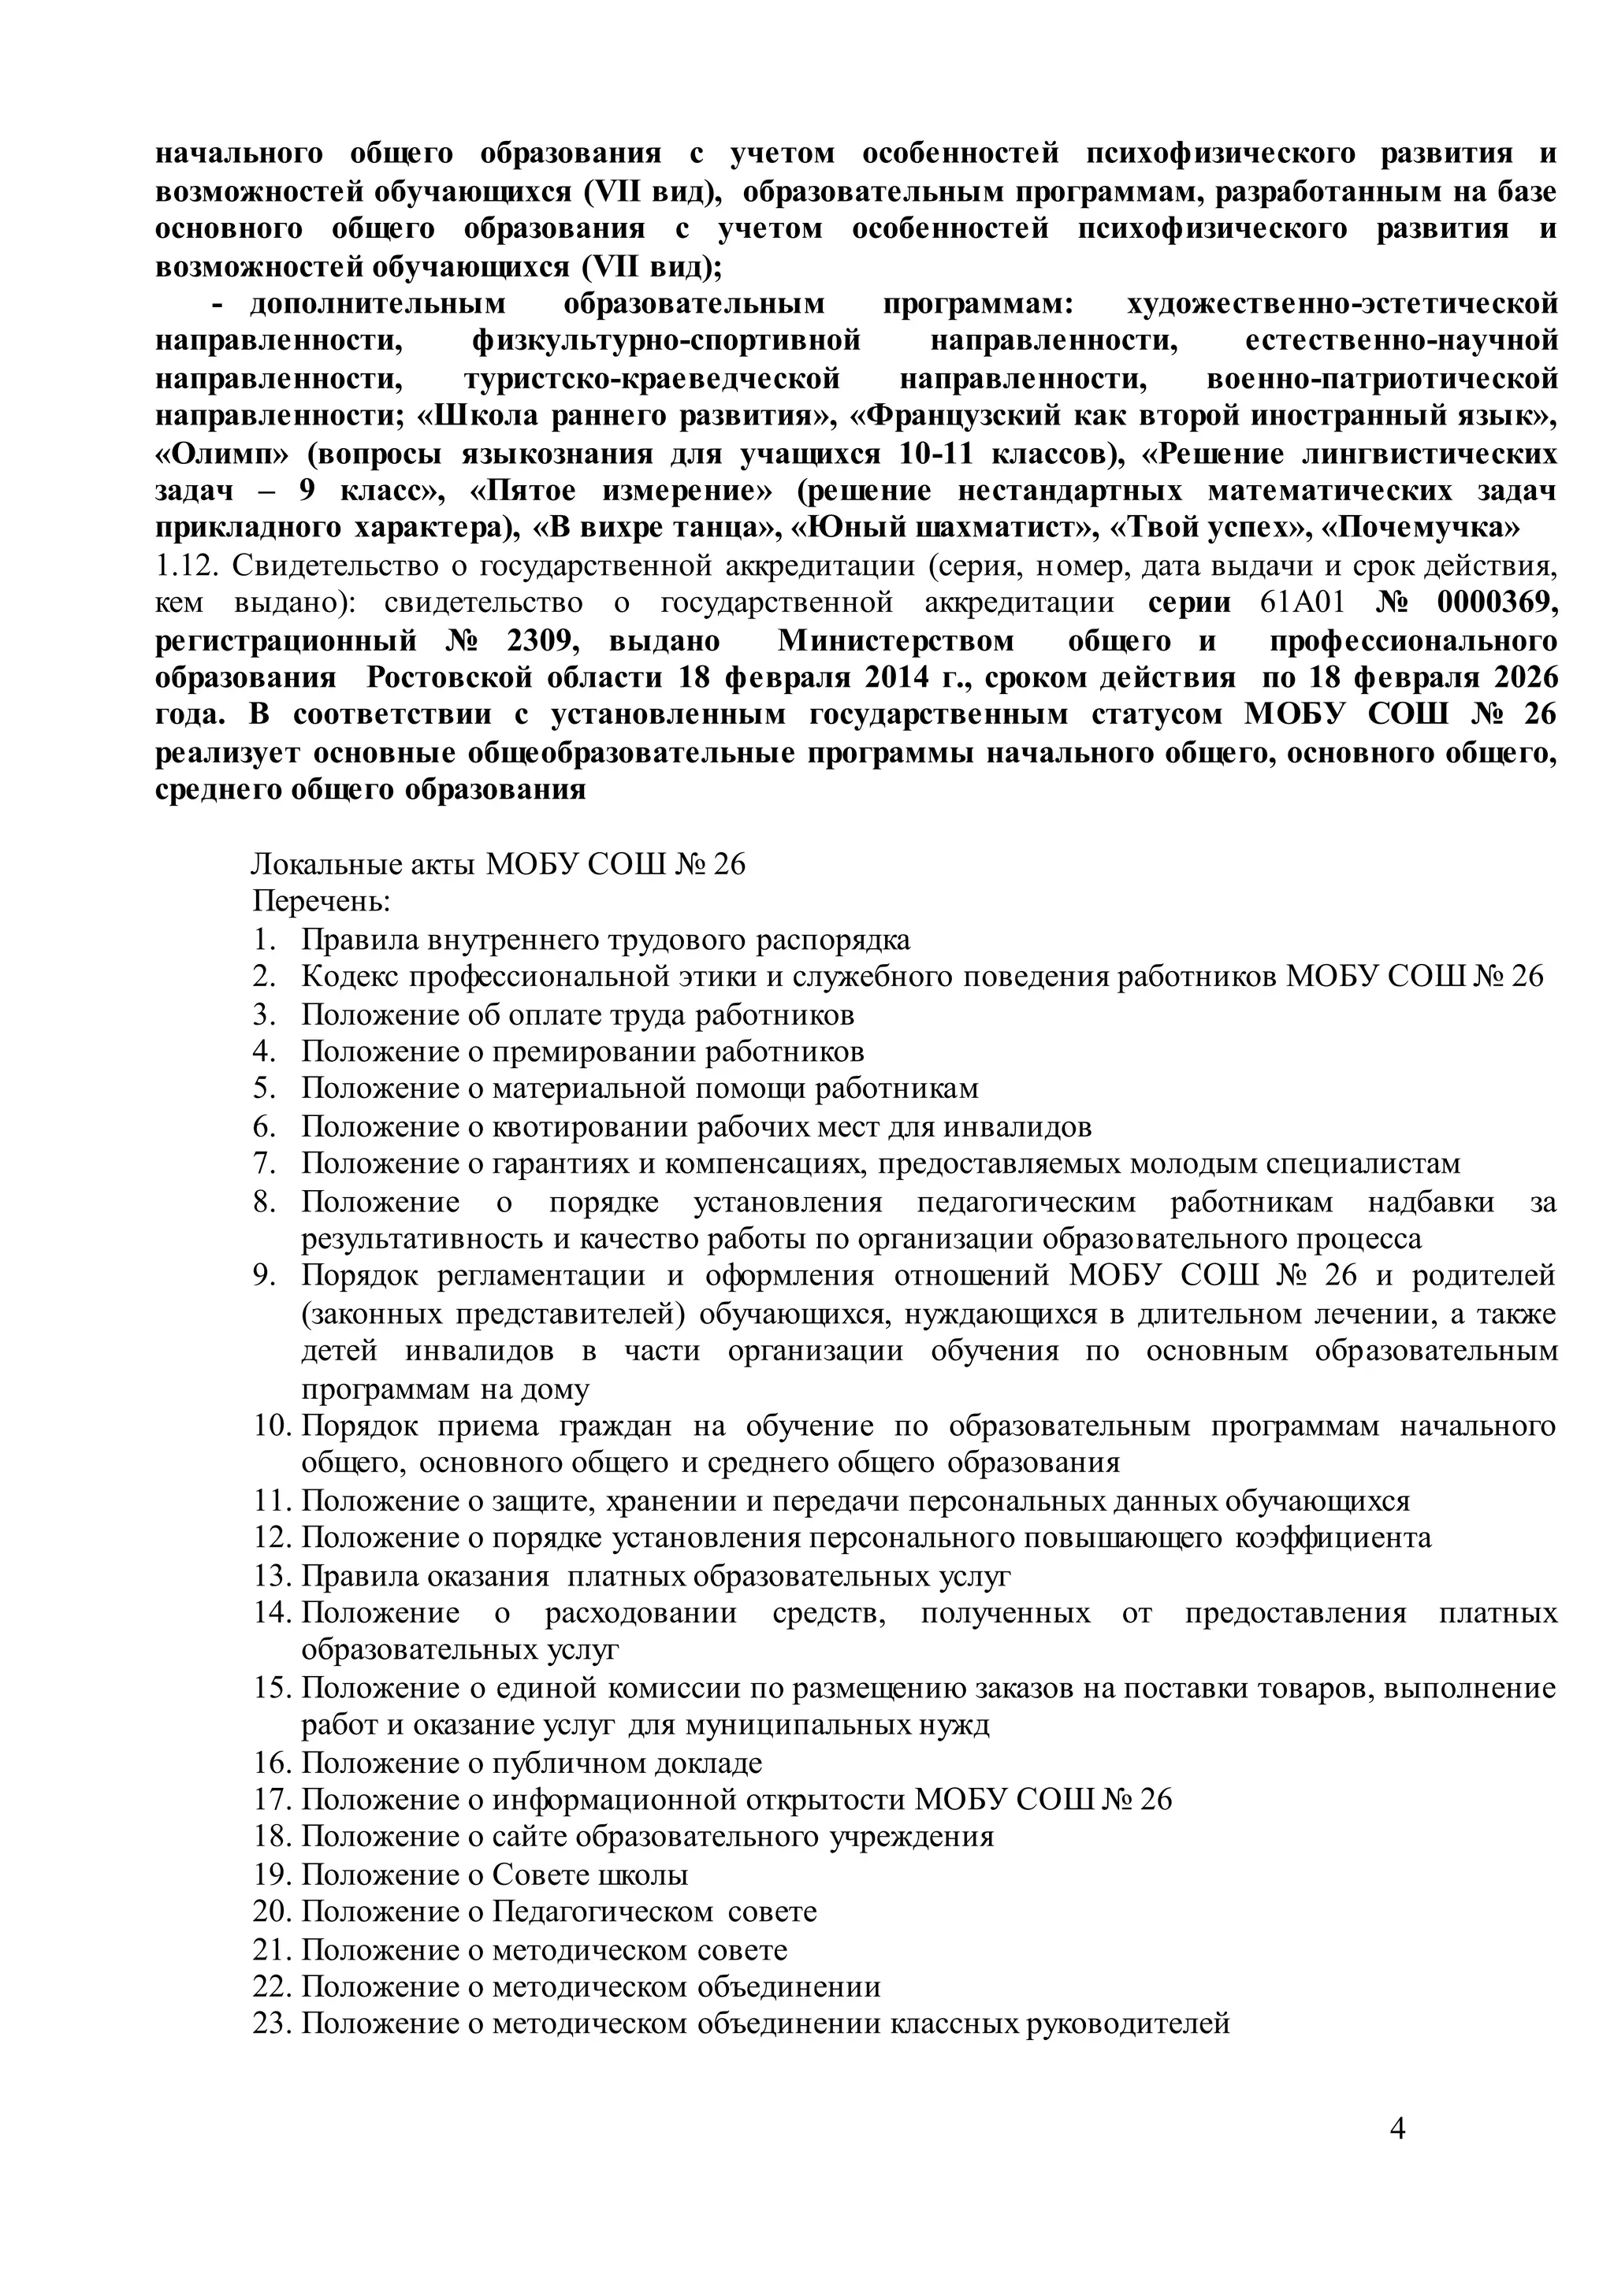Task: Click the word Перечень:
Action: point(321,901)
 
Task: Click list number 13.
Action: point(270,1575)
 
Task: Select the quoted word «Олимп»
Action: point(222,454)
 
